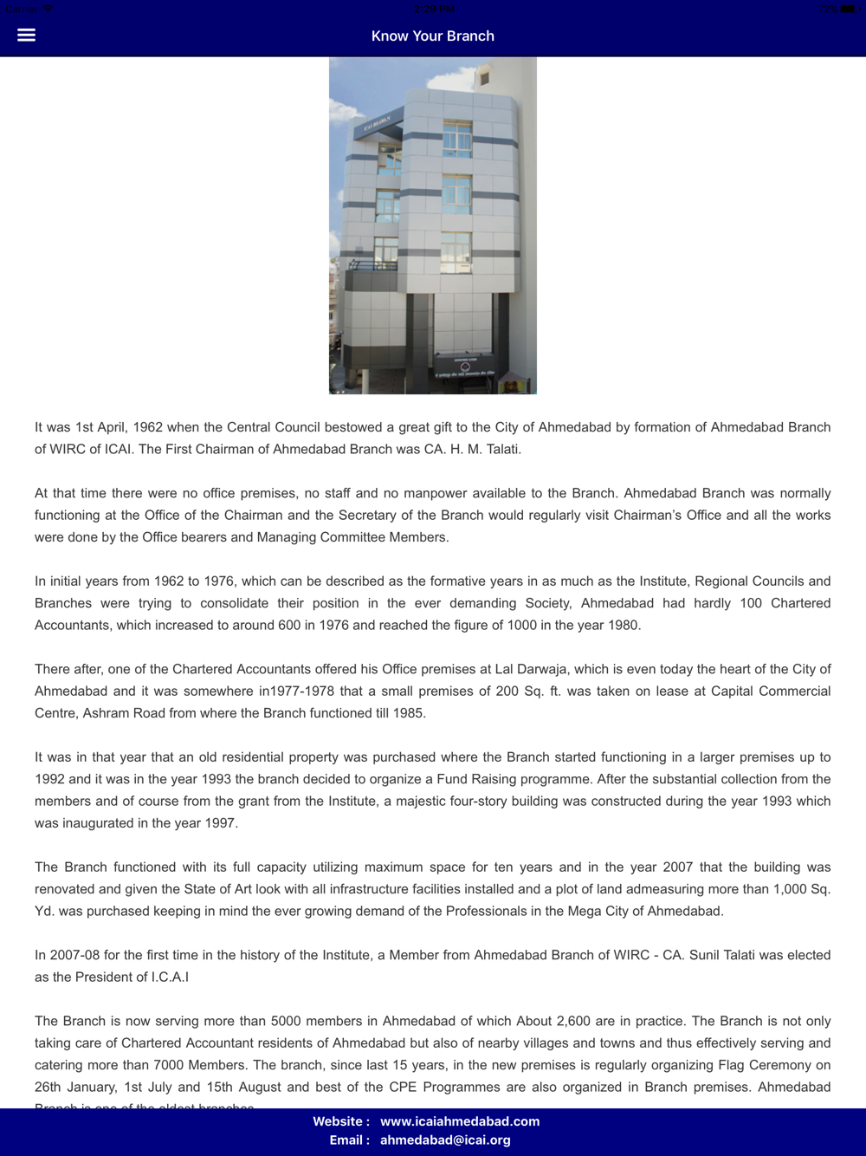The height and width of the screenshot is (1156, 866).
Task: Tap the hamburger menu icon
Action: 27,35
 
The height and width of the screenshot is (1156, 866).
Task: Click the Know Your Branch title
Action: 433,36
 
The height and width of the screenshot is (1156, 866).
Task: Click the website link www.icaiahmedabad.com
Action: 460,1121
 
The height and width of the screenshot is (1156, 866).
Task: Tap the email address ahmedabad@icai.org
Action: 445,1140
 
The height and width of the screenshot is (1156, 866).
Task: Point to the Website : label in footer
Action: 341,1121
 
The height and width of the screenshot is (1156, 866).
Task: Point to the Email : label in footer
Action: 349,1140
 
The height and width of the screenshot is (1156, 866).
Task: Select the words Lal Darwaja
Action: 530,669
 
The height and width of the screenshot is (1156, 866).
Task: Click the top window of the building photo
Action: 457,139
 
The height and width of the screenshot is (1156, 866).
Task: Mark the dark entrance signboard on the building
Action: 464,367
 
